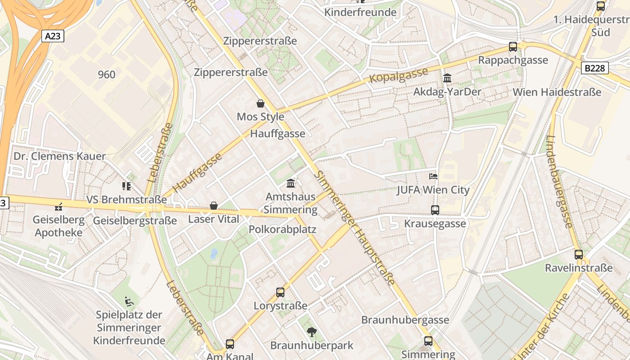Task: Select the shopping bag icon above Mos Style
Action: [x=261, y=104]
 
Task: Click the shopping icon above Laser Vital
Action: [x=214, y=206]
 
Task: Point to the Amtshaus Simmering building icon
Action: [x=291, y=184]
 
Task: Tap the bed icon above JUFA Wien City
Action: [x=433, y=176]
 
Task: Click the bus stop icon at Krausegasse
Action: [x=435, y=210]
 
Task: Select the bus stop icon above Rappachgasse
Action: [x=513, y=46]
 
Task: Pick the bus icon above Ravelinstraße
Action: [x=579, y=254]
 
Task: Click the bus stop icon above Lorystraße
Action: [x=280, y=292]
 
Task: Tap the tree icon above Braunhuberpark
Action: [x=311, y=332]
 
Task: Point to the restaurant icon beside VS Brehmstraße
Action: [x=126, y=186]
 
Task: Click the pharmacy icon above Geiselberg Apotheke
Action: [x=58, y=207]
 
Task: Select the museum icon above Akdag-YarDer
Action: [x=447, y=78]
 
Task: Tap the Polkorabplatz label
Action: [x=283, y=229]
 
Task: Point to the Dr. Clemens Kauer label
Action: [x=60, y=156]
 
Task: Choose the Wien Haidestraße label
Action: [x=557, y=92]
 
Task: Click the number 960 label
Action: [x=107, y=75]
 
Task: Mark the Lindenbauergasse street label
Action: [x=559, y=181]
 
